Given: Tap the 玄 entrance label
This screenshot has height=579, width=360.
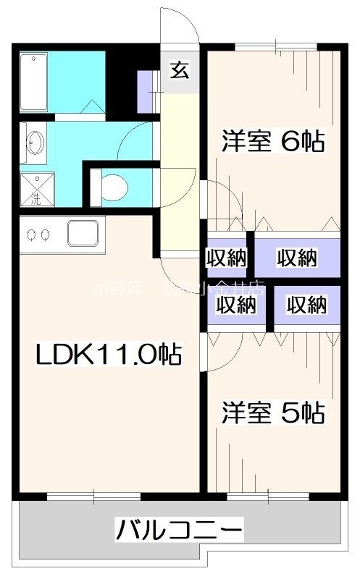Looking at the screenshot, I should [x=179, y=70].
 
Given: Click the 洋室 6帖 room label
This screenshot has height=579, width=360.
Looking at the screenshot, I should [x=272, y=140].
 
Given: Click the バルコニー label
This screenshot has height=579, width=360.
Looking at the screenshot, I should [x=178, y=531].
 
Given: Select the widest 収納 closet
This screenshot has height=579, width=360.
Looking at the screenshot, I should [x=297, y=256].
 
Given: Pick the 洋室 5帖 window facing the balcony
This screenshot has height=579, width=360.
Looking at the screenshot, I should [x=268, y=496].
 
